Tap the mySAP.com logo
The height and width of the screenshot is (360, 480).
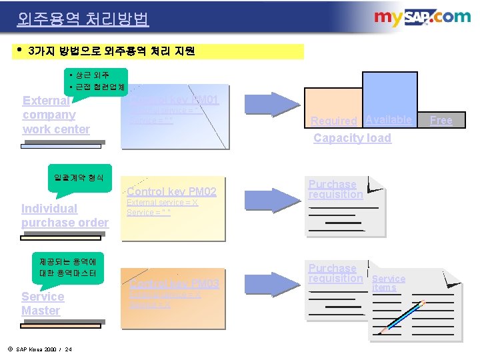pyautogui.click(x=422, y=18)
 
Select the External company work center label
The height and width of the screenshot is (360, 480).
pyautogui.click(x=56, y=115)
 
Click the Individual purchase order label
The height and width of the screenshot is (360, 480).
pyautogui.click(x=65, y=215)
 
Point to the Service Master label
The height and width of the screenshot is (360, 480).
pyautogui.click(x=43, y=303)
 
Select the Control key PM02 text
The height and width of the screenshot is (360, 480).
pyautogui.click(x=171, y=192)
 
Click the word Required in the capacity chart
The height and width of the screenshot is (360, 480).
pyautogui.click(x=334, y=121)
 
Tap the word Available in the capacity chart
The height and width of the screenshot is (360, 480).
pyautogui.click(x=389, y=119)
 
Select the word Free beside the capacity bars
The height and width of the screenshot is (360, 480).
pyautogui.click(x=441, y=120)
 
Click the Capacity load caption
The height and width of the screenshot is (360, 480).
pyautogui.click(x=352, y=138)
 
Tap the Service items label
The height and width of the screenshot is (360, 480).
pyautogui.click(x=388, y=283)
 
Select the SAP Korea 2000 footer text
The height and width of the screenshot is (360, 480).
pyautogui.click(x=43, y=349)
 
